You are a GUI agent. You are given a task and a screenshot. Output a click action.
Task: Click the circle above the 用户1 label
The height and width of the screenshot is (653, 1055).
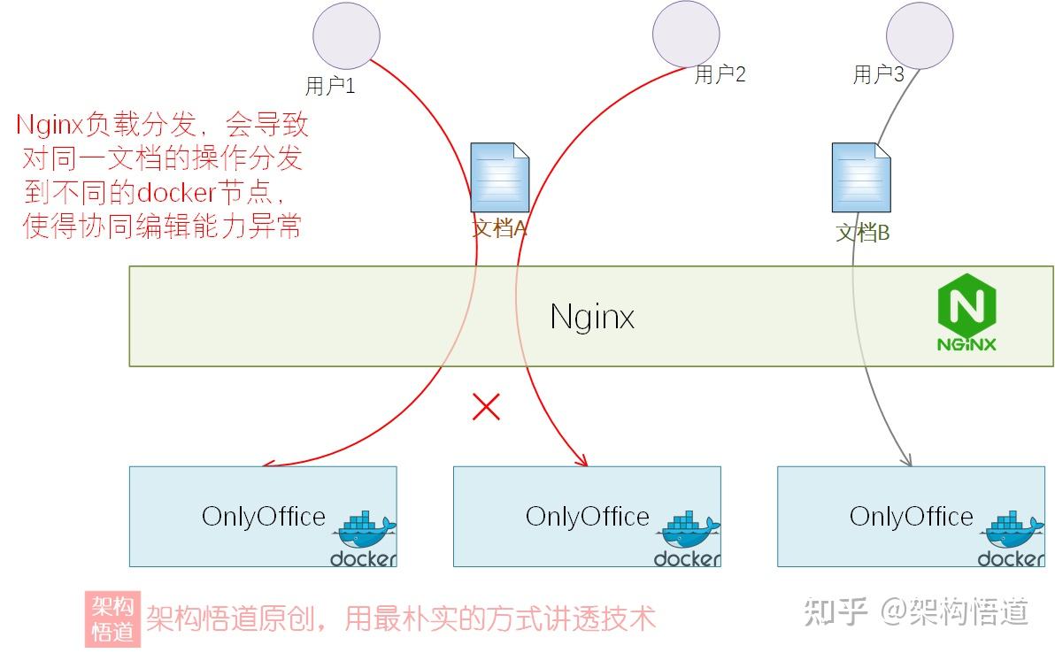pos(346,35)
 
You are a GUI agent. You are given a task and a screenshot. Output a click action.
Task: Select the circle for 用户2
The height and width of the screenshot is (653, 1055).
pos(686,34)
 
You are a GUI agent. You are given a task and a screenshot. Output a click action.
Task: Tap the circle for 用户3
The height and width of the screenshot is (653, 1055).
pos(920,34)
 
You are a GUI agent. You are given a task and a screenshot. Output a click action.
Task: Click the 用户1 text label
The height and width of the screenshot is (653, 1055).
pos(329,86)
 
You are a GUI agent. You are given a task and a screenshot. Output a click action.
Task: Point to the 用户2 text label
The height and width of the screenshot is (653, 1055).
pos(720,74)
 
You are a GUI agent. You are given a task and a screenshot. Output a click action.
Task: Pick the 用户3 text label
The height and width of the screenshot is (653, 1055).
pos(878,74)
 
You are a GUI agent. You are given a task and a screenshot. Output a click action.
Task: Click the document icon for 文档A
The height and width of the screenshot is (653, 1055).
pos(500,177)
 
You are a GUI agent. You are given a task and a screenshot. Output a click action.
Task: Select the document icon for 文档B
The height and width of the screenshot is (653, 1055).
pos(861,177)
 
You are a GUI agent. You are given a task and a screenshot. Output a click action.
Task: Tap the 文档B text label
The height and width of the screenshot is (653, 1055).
pos(863,234)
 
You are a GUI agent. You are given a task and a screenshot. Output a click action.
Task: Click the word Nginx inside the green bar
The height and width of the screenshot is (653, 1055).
pos(592,316)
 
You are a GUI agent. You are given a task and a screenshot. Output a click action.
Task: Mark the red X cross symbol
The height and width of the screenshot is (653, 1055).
pos(486,406)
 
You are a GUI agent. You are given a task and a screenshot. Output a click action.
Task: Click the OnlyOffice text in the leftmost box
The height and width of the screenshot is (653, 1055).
pos(263,516)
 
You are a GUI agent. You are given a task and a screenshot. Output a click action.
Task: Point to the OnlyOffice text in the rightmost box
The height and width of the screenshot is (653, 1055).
pos(911,516)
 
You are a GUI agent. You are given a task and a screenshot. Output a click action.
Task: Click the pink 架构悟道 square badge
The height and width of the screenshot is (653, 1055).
pos(112,618)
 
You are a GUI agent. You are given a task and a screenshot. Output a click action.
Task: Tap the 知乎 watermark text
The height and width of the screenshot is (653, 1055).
pos(836,611)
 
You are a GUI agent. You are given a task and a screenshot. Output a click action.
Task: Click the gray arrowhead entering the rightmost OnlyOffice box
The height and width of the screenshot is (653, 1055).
pos(906,460)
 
